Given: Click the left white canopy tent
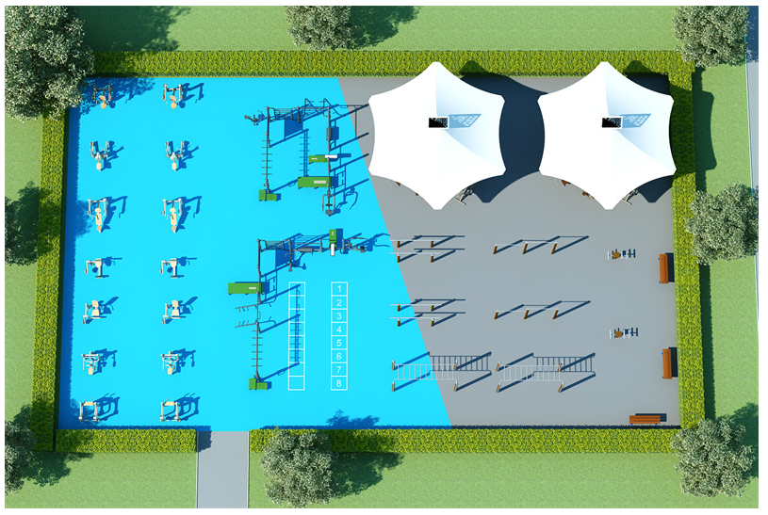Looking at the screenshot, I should click(x=434, y=132).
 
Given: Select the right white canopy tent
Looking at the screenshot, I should click(x=606, y=132).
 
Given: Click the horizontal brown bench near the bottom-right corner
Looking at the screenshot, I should click(x=647, y=418).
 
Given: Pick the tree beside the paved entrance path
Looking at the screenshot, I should click(x=297, y=467).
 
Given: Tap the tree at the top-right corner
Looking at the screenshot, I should click(x=711, y=33).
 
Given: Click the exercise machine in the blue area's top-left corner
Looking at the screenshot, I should click(x=100, y=95).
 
